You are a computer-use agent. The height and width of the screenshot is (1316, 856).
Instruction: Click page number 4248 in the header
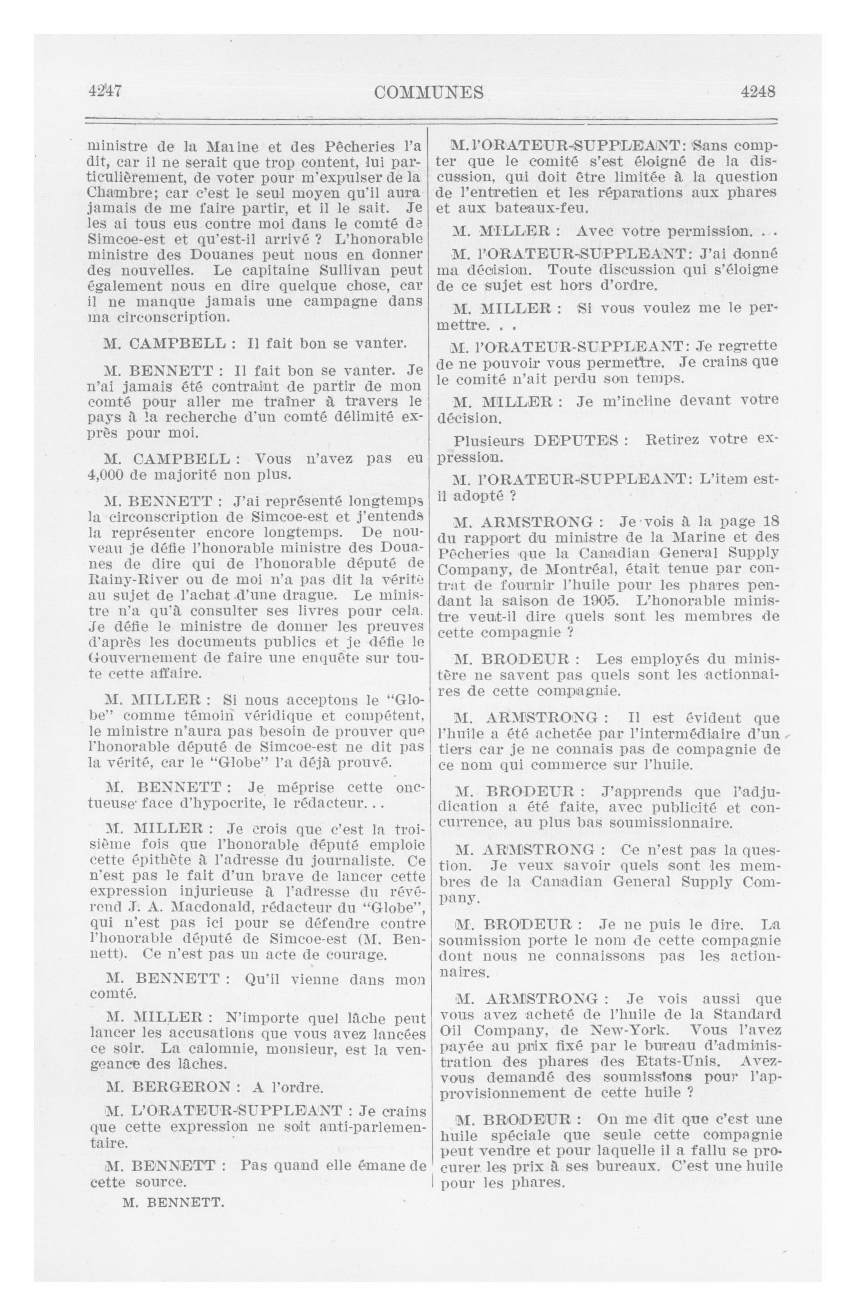(x=758, y=91)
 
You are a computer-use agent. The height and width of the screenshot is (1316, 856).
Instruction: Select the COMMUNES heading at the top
(x=428, y=92)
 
